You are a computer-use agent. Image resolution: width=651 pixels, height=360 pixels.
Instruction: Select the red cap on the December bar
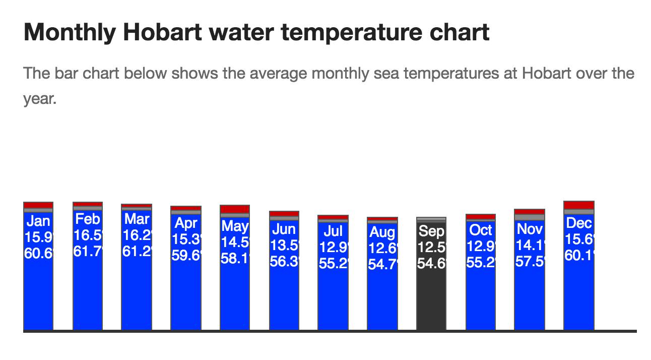pos(579,205)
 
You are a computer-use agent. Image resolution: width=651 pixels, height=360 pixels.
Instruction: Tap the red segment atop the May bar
pos(235,209)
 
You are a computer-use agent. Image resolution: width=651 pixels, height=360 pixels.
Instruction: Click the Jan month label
pos(38,221)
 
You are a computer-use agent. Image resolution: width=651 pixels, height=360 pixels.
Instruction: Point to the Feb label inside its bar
pos(88,219)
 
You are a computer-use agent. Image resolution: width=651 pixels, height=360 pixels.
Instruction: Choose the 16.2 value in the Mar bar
pos(137,235)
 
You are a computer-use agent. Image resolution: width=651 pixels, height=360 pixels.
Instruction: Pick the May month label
pos(235,225)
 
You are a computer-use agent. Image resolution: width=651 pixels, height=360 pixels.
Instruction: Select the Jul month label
pos(333,231)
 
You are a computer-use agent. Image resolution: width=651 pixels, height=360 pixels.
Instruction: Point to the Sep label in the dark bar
pos(431,231)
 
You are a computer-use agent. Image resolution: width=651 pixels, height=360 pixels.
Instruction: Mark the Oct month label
pos(481,230)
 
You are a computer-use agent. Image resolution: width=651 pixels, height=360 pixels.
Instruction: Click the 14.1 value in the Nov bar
pos(530,246)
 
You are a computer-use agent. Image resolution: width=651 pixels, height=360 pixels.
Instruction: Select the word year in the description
pos(38,99)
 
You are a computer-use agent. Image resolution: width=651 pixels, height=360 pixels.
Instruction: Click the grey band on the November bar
pos(530,217)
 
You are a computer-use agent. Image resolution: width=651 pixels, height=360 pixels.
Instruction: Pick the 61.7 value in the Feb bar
pos(88,251)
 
